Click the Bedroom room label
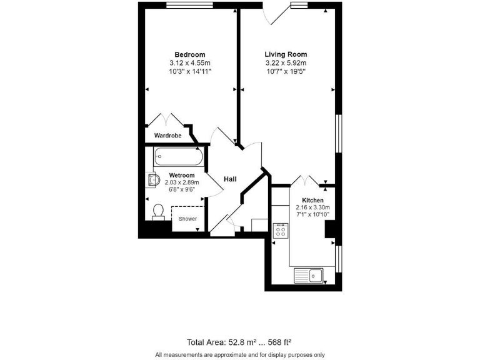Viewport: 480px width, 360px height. (x=189, y=54)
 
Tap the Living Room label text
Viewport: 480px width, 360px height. (x=286, y=54)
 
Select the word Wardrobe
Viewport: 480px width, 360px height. (x=167, y=134)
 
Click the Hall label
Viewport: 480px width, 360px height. (x=230, y=179)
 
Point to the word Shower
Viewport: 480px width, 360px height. (x=187, y=219)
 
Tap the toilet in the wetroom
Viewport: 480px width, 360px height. (x=159, y=211)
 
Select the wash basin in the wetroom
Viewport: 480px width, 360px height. (x=152, y=181)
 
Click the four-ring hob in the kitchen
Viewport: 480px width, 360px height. (x=279, y=231)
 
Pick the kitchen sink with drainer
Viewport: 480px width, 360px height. (x=307, y=274)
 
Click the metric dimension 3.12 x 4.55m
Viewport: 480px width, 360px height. (x=189, y=63)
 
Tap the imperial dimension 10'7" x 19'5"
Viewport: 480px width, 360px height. (x=286, y=72)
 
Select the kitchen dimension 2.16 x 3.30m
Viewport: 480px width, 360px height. (x=312, y=207)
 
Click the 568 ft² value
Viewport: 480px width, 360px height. (x=279, y=342)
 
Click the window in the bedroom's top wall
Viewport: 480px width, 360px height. (x=187, y=6)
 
